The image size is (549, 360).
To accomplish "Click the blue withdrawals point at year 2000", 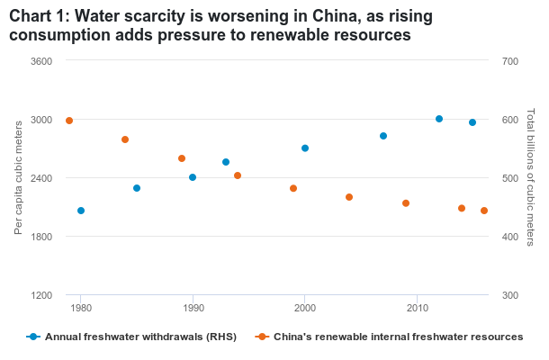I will pos(305,148).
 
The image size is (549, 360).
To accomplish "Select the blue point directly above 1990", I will pos(193,177).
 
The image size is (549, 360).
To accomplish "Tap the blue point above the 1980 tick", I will pos(81,211).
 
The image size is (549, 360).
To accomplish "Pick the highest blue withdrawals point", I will pos(439,119).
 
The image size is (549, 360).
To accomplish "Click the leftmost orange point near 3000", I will pos(69,121).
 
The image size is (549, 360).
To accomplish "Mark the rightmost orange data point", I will pos(484,211).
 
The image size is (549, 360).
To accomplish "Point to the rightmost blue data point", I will pos(472,122).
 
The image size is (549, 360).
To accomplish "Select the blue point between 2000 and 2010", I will pos(383,136).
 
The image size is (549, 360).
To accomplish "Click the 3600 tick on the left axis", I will pos(42,61).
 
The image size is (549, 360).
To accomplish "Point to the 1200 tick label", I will pos(42,295).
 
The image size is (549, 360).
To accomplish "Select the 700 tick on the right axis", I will pos(510,61).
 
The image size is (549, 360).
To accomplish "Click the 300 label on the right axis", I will pos(510,295).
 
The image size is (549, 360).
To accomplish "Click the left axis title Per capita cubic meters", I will pos(19,178).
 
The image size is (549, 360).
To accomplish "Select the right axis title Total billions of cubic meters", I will pos(531,178).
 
